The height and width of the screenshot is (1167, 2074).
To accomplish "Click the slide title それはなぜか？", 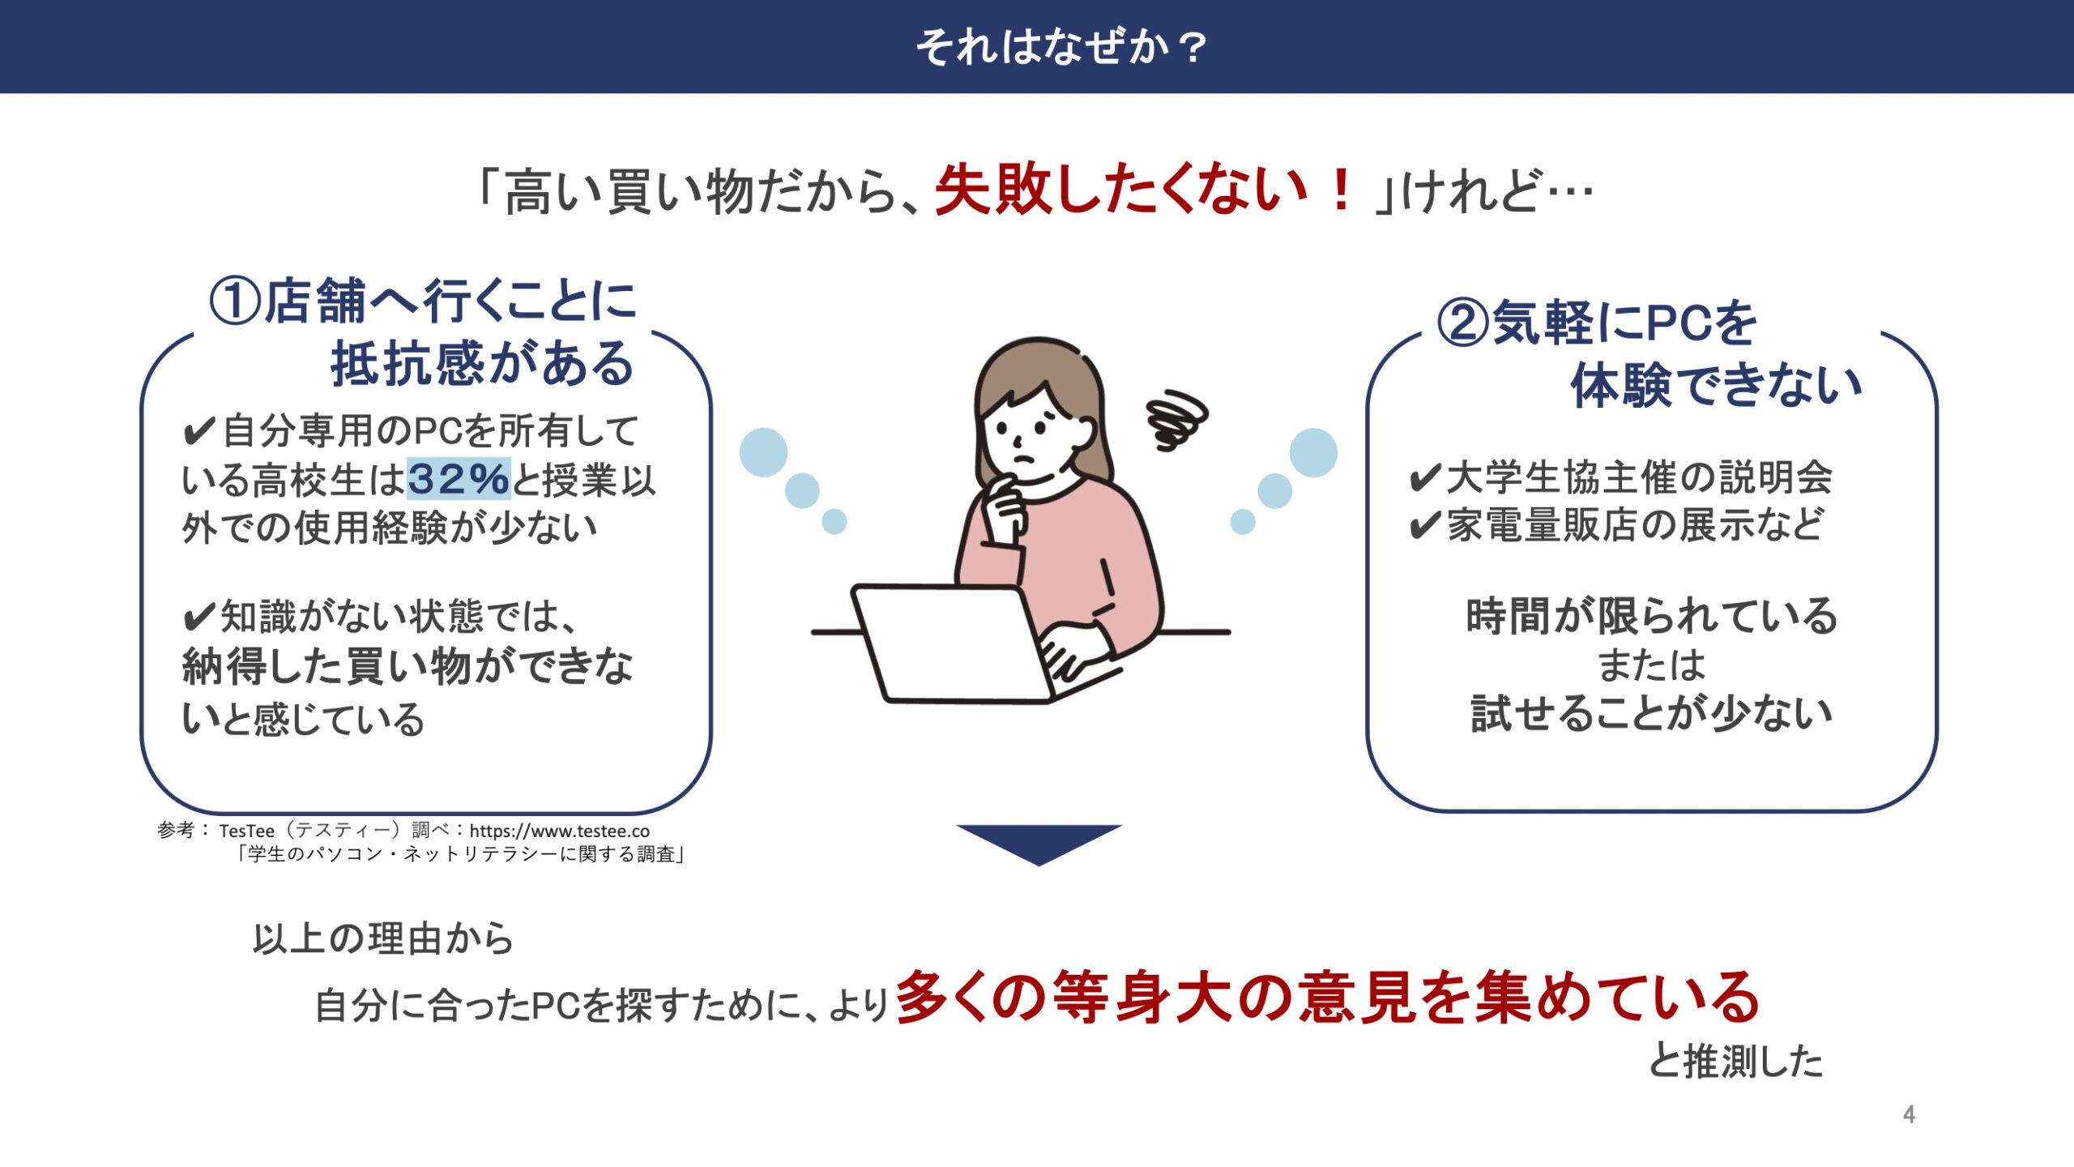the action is (x=1061, y=47).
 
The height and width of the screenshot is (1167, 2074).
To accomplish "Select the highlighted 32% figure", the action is (x=458, y=478).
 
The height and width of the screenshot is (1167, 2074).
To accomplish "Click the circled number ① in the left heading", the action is (x=235, y=301).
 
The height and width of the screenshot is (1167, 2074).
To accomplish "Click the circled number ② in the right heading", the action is (x=1463, y=323).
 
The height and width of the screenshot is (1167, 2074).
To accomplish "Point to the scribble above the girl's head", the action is (x=1177, y=419).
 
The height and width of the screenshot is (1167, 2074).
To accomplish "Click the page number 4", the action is (x=1910, y=1114).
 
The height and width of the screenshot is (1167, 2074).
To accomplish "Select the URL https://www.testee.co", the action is (x=559, y=831).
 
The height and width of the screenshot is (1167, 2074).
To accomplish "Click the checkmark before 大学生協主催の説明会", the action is (x=1425, y=478).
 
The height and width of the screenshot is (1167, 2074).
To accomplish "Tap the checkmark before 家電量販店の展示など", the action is (x=1425, y=525).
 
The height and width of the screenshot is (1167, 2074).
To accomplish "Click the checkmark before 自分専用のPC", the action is (x=199, y=431).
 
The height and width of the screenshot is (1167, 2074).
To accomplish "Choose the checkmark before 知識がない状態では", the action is (x=199, y=618).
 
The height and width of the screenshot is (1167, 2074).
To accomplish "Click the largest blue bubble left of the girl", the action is (x=763, y=452).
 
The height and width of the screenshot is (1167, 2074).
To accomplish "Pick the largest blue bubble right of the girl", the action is (x=1313, y=452).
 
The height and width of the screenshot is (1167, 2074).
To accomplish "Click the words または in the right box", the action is (x=1651, y=665).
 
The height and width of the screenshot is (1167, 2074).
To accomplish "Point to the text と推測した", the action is (x=1735, y=1060).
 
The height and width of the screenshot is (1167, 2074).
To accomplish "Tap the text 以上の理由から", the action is (x=382, y=938).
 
